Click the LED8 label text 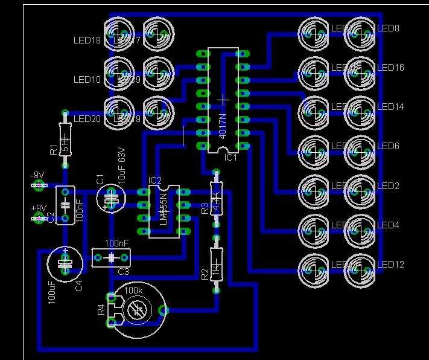pyautogui.click(x=388, y=28)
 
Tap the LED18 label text pyautogui.click(x=87, y=40)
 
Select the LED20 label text pyautogui.click(x=87, y=119)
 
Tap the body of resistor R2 pyautogui.click(x=215, y=265)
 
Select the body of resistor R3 pyautogui.click(x=215, y=198)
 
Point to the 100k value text pyautogui.click(x=133, y=291)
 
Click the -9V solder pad pyautogui.click(x=39, y=186)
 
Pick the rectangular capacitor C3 pyautogui.click(x=112, y=258)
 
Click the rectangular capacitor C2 pyautogui.click(x=65, y=205)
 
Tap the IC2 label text pyautogui.click(x=155, y=181)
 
